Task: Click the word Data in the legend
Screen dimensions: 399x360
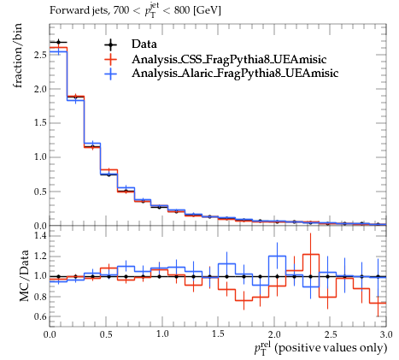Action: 144,44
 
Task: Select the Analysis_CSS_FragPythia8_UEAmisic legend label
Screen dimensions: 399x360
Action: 229,59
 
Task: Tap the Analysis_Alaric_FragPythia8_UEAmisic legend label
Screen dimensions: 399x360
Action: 235,73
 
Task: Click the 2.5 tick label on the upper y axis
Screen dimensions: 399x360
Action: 40,55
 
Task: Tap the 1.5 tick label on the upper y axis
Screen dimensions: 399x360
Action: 40,123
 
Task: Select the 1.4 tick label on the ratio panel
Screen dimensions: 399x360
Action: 40,236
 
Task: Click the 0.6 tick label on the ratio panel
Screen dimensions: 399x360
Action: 40,316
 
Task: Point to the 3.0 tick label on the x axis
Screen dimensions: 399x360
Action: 386,333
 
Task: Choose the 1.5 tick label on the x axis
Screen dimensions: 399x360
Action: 218,333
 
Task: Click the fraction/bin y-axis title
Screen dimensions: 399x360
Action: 18,56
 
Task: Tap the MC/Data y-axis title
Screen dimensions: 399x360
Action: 25,275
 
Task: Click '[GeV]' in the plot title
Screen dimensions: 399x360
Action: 207,11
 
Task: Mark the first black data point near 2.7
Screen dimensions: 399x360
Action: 58,43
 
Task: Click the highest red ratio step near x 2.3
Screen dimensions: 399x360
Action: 311,254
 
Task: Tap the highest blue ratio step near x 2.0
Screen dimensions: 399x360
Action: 277,256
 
